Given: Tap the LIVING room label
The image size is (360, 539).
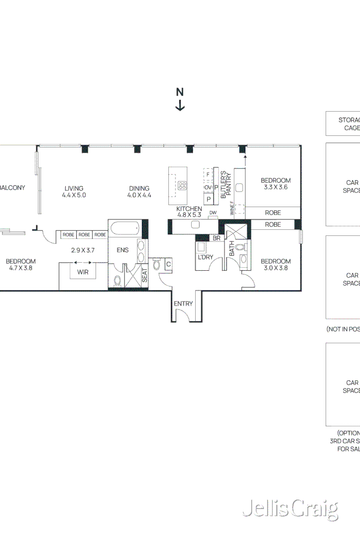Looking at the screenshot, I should click(x=73, y=191).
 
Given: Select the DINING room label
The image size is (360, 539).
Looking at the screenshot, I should click(x=139, y=191).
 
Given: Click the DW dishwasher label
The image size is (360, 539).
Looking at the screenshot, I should click(x=213, y=213).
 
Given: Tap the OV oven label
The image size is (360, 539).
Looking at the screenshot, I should click(x=207, y=187).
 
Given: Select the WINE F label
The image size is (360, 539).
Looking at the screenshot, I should click(x=232, y=208).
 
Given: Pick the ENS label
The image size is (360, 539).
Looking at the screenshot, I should click(x=122, y=250).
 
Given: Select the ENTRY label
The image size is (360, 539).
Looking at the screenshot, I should click(x=183, y=304).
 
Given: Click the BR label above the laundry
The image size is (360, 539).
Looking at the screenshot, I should click(x=216, y=238).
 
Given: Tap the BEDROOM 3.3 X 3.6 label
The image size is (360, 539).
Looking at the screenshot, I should click(x=276, y=183).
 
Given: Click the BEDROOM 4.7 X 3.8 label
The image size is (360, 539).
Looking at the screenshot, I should click(x=21, y=265).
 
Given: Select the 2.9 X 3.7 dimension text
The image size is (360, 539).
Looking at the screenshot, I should click(x=83, y=250).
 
